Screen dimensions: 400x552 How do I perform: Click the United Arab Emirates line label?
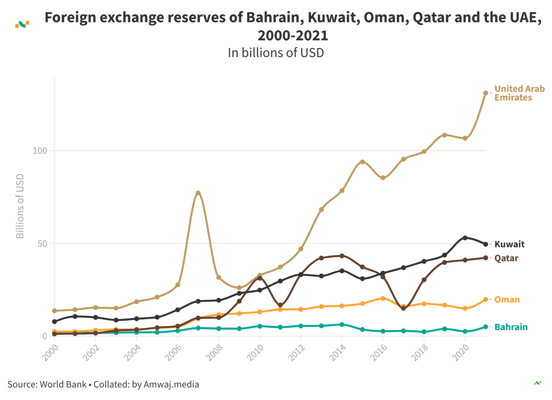pos(519,93)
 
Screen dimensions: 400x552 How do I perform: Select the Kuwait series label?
pos(509,244)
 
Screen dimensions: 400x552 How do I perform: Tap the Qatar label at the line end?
pos(506,258)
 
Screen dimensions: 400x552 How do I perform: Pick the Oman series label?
pos(507,299)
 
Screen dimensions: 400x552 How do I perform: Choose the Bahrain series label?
pos(511,327)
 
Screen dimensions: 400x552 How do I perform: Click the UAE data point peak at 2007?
pos(198,193)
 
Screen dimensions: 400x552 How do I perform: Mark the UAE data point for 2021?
pos(486,93)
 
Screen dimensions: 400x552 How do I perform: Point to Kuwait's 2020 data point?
pos(465,238)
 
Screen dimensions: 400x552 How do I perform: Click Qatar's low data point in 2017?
pos(404,308)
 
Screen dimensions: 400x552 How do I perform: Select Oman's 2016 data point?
pos(383,298)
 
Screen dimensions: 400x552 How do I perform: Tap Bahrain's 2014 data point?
pos(342,325)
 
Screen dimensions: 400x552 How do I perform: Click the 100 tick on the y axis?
pos(40,151)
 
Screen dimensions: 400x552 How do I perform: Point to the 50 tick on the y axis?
pos(42,243)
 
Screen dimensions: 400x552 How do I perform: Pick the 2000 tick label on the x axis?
pos(50,352)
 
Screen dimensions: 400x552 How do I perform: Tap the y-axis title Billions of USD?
pos(20,206)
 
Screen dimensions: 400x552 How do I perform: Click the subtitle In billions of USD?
pos(276,53)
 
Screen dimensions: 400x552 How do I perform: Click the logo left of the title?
pos(22,24)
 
